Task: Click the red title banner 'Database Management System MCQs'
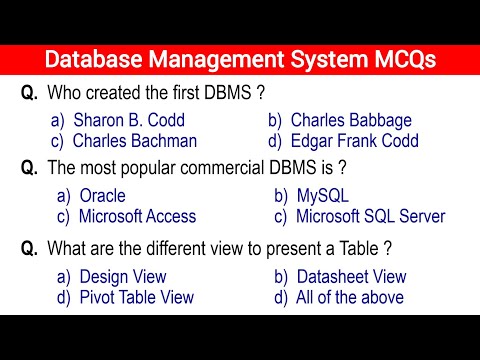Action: [x=240, y=59]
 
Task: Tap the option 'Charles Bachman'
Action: [x=135, y=141]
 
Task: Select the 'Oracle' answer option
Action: [x=105, y=196]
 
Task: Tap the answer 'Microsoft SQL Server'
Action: [x=370, y=216]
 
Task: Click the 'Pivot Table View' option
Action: [x=136, y=297]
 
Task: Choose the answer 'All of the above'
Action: [x=350, y=297]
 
